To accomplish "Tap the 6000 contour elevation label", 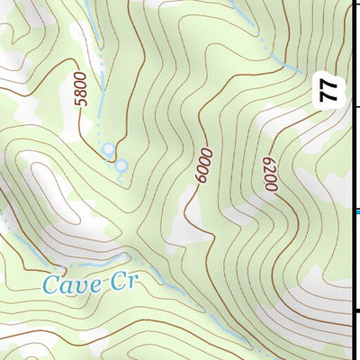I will point(200,166).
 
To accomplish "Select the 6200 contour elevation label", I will point(269,173).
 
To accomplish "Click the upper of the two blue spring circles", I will point(109,148).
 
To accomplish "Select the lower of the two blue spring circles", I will point(121,165).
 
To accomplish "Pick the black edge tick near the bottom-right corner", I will point(355,311).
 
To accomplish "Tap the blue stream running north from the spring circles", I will point(100,99).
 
